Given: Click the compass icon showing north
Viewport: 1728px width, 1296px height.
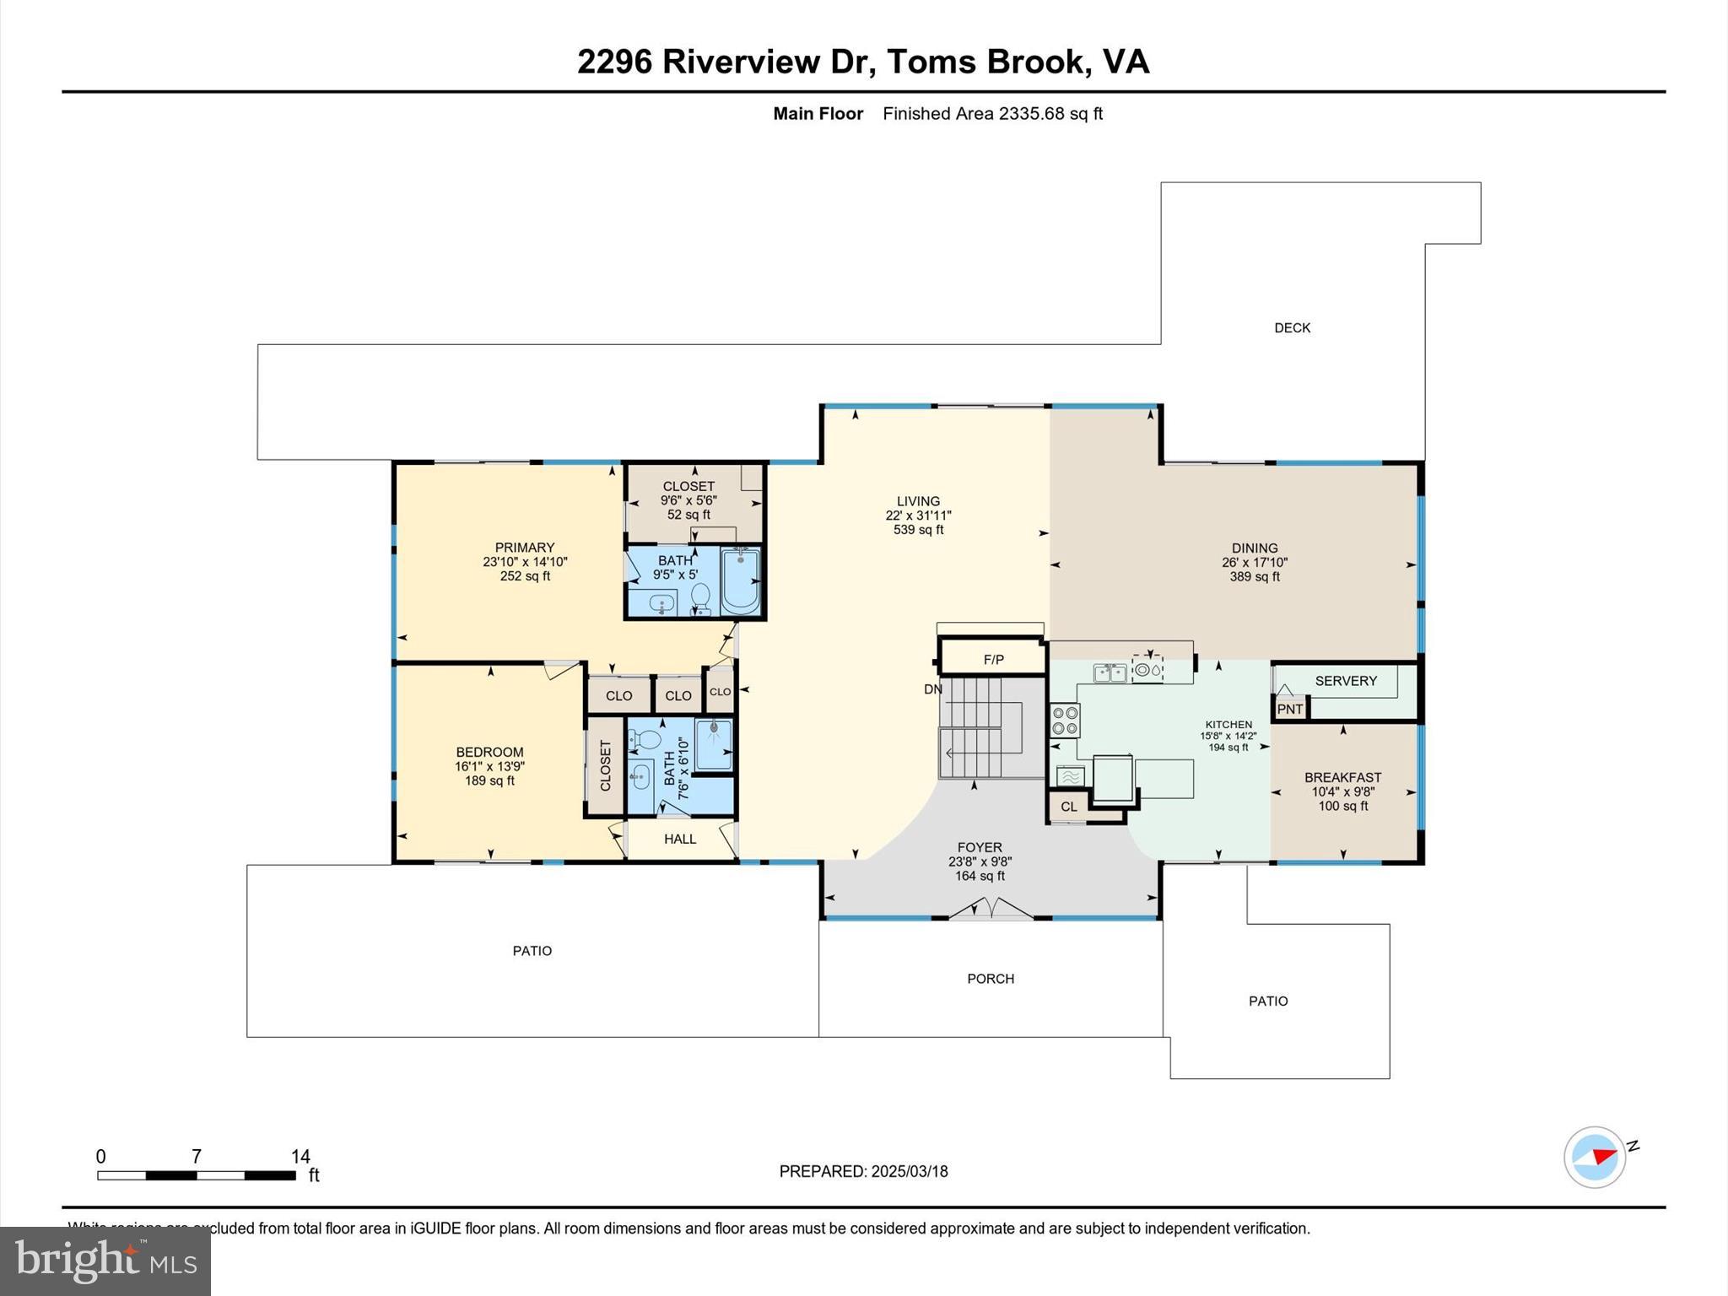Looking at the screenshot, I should tap(1594, 1157).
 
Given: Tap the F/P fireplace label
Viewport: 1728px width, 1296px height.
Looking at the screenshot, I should tap(993, 660).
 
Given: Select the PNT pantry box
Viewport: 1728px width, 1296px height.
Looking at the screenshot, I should tap(1289, 709).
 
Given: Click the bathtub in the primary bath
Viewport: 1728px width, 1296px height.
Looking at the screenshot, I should tap(740, 580).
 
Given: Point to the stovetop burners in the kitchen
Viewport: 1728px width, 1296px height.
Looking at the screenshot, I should tap(1065, 720).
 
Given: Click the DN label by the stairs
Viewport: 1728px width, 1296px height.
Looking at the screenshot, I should tap(932, 689).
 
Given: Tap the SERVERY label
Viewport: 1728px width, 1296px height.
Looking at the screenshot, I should tap(1345, 681).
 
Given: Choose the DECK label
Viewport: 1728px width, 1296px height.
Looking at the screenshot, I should tap(1292, 328).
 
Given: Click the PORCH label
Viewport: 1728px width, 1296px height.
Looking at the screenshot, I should tap(990, 979).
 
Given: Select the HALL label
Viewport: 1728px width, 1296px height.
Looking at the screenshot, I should tap(679, 839).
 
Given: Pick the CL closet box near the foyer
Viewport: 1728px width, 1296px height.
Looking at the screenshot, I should tap(1068, 807).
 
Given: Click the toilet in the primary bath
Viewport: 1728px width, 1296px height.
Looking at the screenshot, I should tap(700, 597).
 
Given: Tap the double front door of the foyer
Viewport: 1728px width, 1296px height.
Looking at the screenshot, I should tap(991, 910).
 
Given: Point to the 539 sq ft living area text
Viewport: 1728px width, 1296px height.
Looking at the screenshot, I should tap(918, 530).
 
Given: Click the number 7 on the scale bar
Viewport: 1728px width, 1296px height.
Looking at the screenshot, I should tap(196, 1156).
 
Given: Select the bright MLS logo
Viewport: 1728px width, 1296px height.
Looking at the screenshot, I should tap(105, 1261).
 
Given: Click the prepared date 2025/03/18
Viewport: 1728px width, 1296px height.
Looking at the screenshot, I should tap(909, 1171).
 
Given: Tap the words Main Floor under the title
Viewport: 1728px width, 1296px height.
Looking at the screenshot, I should tap(818, 114).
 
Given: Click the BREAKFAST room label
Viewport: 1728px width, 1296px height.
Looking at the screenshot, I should tap(1342, 777).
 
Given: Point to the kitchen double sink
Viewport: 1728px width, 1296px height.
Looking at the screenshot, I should tap(1110, 672).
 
